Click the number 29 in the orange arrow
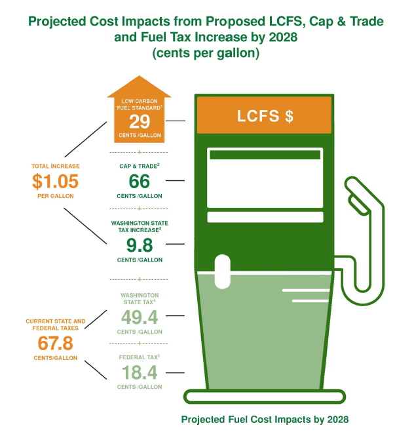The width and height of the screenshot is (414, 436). [139, 121]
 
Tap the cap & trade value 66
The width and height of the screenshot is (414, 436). [139, 181]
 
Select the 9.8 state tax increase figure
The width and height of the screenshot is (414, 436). [139, 245]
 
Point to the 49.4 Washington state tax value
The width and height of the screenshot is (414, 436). [139, 318]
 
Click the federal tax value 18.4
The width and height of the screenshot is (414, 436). [139, 372]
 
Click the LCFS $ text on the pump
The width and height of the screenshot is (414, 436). [265, 117]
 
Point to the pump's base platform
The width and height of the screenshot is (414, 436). [265, 396]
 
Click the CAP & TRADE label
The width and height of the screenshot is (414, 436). [139, 166]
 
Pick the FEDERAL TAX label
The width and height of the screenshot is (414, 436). [139, 357]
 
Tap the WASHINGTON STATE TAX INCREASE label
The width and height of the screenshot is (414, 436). [139, 226]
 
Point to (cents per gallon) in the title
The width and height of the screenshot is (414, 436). [206, 54]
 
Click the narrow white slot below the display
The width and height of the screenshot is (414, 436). [265, 217]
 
